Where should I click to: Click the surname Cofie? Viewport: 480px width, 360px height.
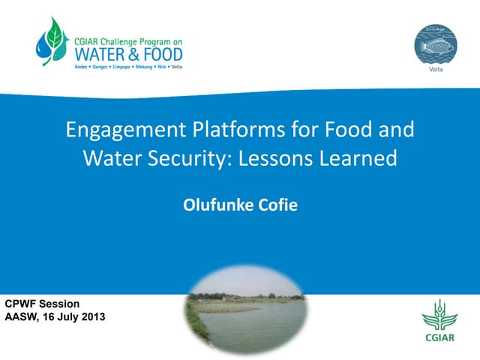pos(277,204)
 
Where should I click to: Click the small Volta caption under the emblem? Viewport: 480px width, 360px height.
pos(435,70)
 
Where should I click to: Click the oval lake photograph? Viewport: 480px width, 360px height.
pos(244,308)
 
